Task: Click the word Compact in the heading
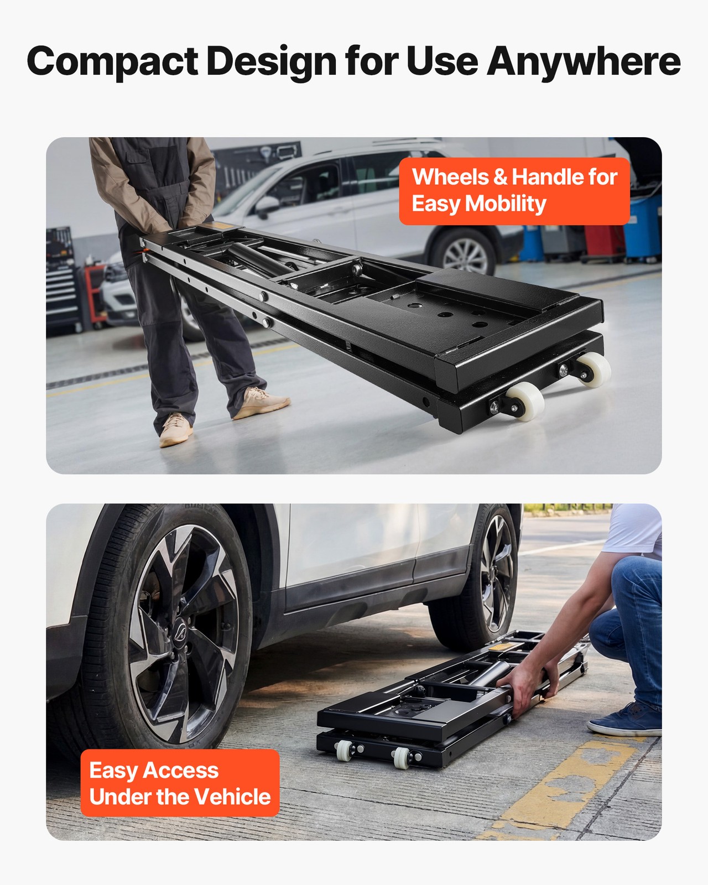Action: pyautogui.click(x=112, y=62)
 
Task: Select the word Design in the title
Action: pyautogui.click(x=271, y=62)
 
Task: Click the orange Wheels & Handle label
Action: pyautogui.click(x=514, y=191)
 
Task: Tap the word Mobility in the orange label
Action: pyautogui.click(x=506, y=204)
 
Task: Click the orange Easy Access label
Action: pyautogui.click(x=180, y=783)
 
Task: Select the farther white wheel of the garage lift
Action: pyautogui.click(x=593, y=369)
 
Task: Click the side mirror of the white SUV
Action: pyautogui.click(x=267, y=205)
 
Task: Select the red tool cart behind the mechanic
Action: pyautogui.click(x=94, y=293)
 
